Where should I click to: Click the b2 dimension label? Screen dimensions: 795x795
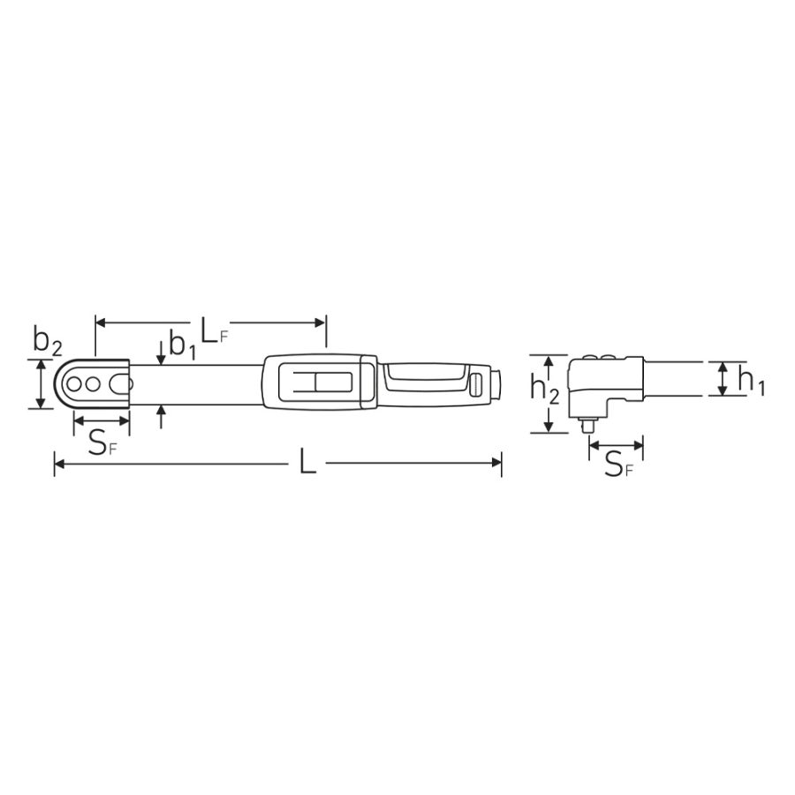[x=47, y=340]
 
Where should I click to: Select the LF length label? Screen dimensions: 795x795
[x=213, y=331]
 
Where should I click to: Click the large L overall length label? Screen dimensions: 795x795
[x=307, y=461]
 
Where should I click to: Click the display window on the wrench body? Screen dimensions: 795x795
[x=321, y=383]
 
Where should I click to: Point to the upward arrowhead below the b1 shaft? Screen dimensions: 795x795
[x=160, y=413]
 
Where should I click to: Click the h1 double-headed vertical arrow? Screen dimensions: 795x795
[x=723, y=379]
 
